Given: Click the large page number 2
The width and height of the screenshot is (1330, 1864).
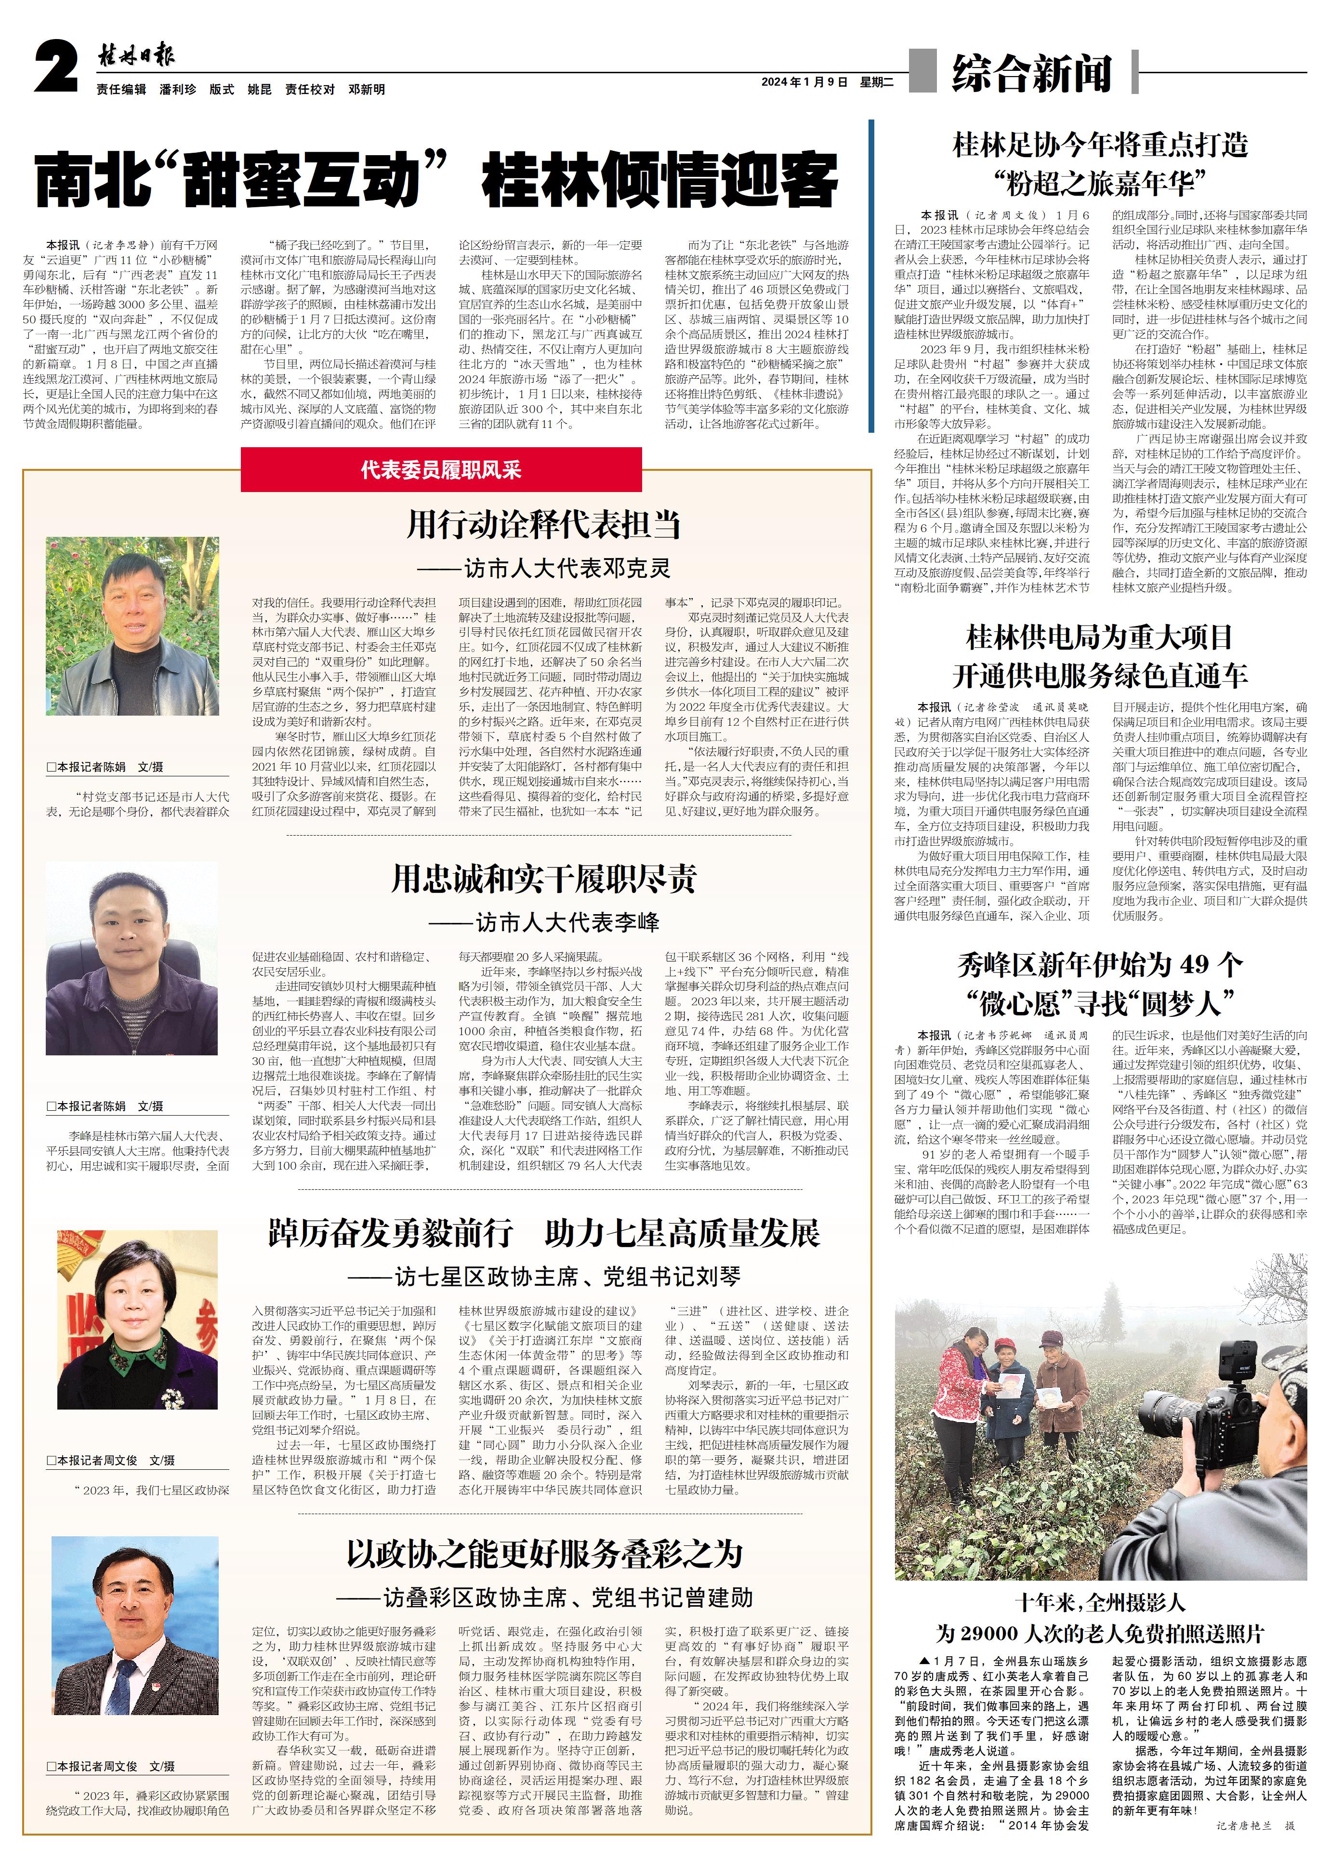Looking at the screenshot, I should [56, 69].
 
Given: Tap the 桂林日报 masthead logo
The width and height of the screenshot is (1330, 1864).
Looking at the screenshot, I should [136, 56].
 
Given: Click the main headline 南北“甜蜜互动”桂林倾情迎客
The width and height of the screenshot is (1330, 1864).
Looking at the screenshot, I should [436, 180].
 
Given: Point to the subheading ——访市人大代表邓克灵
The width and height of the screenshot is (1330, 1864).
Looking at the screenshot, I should [544, 568].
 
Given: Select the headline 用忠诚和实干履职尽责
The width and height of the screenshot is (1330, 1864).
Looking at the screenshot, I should [544, 879].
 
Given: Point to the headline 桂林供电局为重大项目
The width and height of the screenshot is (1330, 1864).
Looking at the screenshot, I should [1099, 637].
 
